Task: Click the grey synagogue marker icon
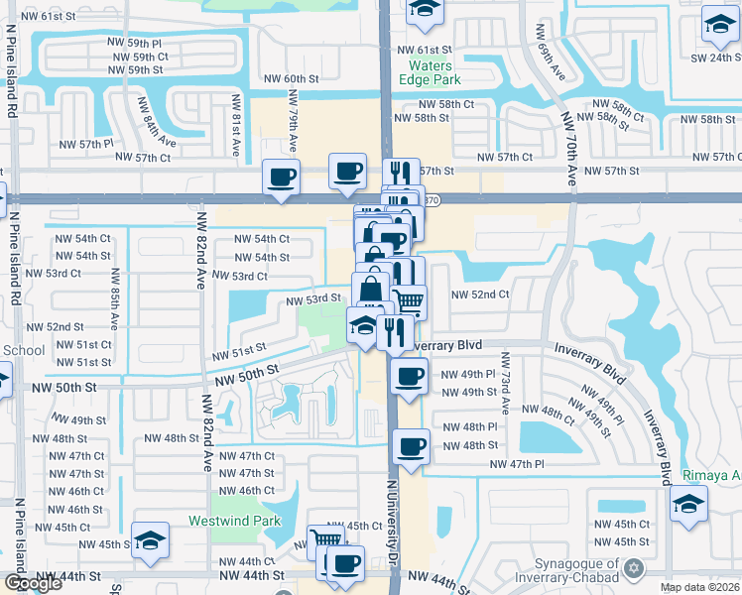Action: point(636,569)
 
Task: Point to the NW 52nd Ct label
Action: point(480,295)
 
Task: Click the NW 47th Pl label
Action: point(517,463)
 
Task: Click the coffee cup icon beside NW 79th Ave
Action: point(281,177)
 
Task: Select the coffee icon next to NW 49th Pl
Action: point(408,376)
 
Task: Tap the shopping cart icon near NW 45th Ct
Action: point(323,541)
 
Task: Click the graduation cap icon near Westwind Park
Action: point(150,539)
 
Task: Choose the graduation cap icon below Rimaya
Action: point(688,503)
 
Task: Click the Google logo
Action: point(32,583)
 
